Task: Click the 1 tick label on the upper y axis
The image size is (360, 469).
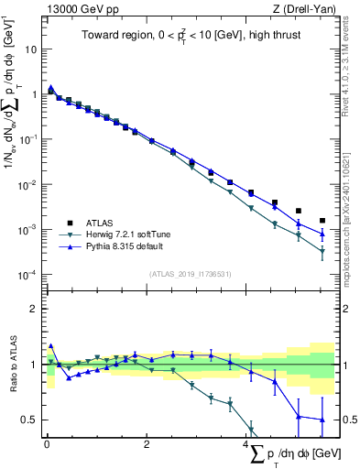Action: [x=37, y=93]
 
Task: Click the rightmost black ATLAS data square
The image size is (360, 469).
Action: [x=322, y=221]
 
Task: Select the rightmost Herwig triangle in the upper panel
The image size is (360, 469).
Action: [x=322, y=252]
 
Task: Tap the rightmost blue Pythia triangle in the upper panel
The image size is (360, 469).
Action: [x=322, y=233]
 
